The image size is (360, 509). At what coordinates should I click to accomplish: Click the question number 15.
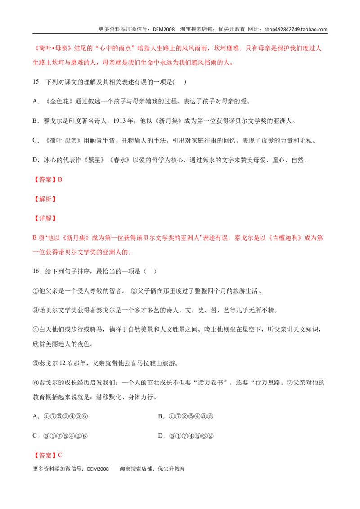[x=36, y=82]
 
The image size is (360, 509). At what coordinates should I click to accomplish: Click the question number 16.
[x=36, y=272]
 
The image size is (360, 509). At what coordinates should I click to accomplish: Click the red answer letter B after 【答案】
[x=60, y=179]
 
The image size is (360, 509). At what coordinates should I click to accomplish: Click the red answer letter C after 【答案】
[x=60, y=455]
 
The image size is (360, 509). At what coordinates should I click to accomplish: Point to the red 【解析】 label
[x=45, y=199]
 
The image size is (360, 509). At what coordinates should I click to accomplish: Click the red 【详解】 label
[x=45, y=219]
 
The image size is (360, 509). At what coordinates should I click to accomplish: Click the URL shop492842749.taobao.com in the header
[x=296, y=29]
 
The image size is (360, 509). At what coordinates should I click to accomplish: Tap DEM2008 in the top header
[x=164, y=29]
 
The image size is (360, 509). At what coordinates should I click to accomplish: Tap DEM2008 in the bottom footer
[x=98, y=469]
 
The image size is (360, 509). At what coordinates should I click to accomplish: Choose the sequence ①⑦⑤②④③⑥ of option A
[x=66, y=416]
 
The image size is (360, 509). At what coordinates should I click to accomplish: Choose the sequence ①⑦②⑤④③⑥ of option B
[x=191, y=416]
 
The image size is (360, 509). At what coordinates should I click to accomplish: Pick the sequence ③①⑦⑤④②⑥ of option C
[x=66, y=436]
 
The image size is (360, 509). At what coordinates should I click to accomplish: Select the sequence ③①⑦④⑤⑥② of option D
[x=191, y=436]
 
